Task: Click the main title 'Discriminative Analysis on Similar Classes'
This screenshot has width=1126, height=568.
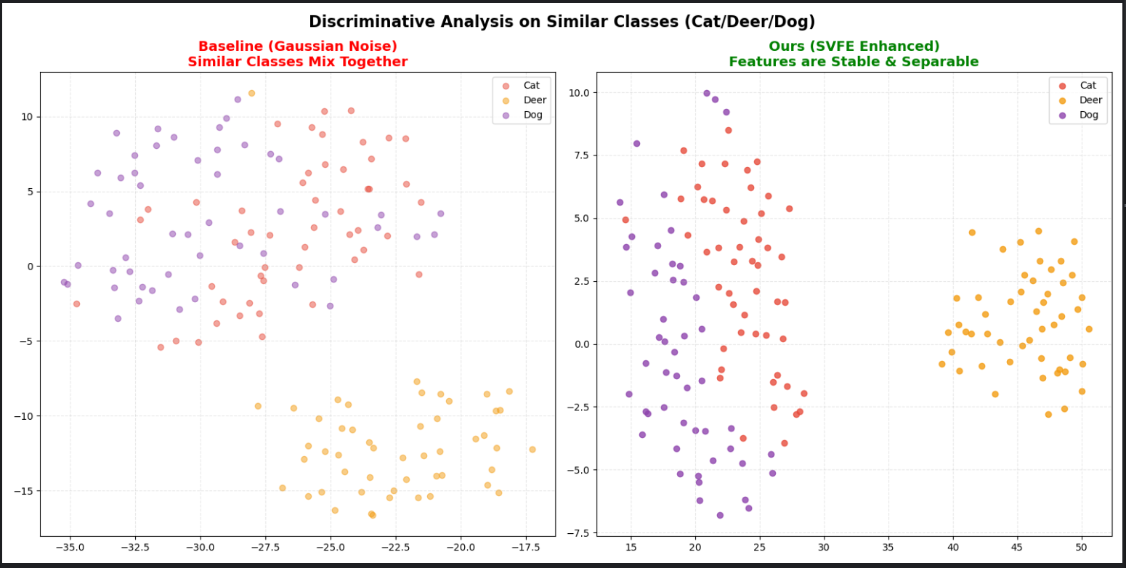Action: [x=562, y=22]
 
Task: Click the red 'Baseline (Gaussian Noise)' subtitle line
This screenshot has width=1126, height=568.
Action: [x=297, y=46]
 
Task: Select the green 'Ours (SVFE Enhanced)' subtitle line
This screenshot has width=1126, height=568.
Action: [x=854, y=46]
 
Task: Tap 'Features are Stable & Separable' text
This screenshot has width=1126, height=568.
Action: [x=854, y=62]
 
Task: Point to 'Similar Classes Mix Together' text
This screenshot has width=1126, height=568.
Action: [x=297, y=62]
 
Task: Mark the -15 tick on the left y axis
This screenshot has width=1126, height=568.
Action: [x=27, y=491]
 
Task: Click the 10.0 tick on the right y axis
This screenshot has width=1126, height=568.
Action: [x=579, y=93]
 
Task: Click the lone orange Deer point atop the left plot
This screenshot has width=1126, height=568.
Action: [x=251, y=93]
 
